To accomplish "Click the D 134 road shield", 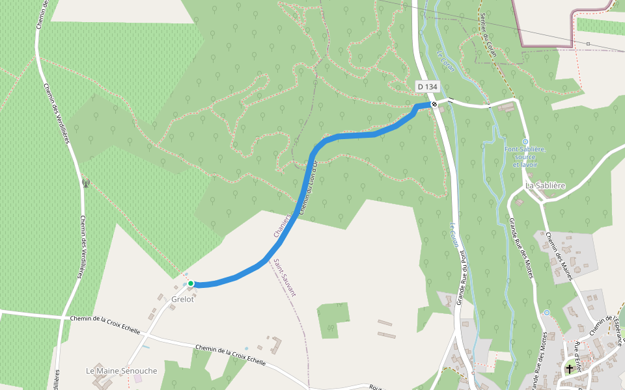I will pyautogui.click(x=428, y=86).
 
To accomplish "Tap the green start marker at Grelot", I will pyautogui.click(x=191, y=283).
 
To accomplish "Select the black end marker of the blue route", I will pyautogui.click(x=434, y=103).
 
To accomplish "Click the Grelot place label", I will pyautogui.click(x=183, y=300).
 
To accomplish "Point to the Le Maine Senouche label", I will pyautogui.click(x=122, y=370).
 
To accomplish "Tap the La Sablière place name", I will pyautogui.click(x=546, y=185).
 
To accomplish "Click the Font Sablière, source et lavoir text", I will pyautogui.click(x=525, y=157).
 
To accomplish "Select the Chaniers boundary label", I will pyautogui.click(x=281, y=224).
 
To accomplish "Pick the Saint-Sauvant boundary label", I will pyautogui.click(x=285, y=278).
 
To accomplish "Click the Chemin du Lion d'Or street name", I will pyautogui.click(x=307, y=188).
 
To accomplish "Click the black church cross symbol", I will pyautogui.click(x=570, y=369).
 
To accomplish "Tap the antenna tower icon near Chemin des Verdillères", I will pyautogui.click(x=84, y=183).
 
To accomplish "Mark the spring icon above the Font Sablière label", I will pyautogui.click(x=525, y=141).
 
